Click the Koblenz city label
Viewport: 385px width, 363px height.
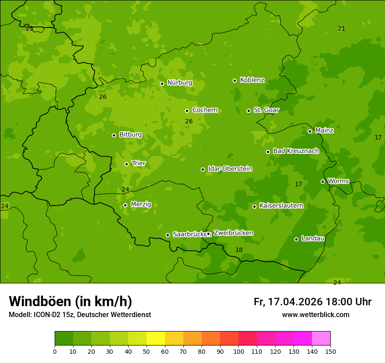pyautogui.click(x=252, y=80)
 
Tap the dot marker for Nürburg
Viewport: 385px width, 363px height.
pyautogui.click(x=162, y=84)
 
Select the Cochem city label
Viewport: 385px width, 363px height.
pyautogui.click(x=204, y=110)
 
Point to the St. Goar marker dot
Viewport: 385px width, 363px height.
pyautogui.click(x=248, y=111)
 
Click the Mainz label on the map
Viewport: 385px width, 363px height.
pyautogui.click(x=324, y=130)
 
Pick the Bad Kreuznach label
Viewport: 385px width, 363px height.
pyautogui.click(x=296, y=151)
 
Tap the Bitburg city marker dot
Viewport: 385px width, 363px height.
pyautogui.click(x=114, y=135)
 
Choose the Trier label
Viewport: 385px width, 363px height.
pyautogui.click(x=139, y=163)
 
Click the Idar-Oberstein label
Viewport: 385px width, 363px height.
pyautogui.click(x=230, y=168)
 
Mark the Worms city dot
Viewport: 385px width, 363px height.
pyautogui.click(x=322, y=181)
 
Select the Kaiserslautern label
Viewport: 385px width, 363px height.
pyautogui.click(x=281, y=206)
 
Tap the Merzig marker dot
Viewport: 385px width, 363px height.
pyautogui.click(x=125, y=205)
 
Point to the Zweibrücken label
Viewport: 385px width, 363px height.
pyautogui.click(x=233, y=233)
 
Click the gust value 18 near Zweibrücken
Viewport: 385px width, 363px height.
pyautogui.click(x=239, y=250)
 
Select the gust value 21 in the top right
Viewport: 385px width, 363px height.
pyautogui.click(x=341, y=29)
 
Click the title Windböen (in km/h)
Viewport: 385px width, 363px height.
pyautogui.click(x=70, y=301)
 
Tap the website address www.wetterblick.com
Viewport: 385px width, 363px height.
pyautogui.click(x=315, y=314)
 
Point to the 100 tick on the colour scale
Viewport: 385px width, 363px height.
pyautogui.click(x=238, y=351)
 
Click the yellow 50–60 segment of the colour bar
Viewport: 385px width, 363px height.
pyautogui.click(x=156, y=338)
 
